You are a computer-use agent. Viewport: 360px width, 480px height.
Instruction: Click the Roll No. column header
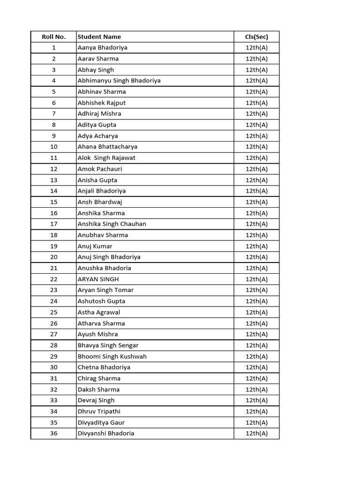(53, 37)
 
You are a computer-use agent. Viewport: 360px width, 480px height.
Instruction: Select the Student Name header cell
(99, 37)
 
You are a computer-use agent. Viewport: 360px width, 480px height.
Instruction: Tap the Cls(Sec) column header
(256, 37)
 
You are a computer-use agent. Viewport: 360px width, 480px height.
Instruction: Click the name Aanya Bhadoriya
(103, 47)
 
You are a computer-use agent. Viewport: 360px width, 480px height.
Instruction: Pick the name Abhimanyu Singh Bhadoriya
(119, 81)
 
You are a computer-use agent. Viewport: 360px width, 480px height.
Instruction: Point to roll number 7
(54, 113)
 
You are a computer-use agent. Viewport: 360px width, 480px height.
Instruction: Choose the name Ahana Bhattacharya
(107, 147)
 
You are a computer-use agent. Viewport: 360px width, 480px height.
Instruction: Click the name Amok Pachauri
(100, 169)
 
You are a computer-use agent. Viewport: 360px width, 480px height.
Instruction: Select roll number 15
(54, 202)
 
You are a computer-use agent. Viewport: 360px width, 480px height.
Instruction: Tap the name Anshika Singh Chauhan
(112, 224)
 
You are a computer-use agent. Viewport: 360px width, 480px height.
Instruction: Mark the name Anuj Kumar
(95, 246)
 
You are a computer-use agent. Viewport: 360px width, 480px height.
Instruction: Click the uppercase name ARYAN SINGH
(98, 279)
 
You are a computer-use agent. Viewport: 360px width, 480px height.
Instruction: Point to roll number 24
(54, 301)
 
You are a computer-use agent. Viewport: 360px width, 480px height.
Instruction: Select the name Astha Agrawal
(99, 312)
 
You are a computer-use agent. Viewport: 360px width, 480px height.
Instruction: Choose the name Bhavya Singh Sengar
(108, 345)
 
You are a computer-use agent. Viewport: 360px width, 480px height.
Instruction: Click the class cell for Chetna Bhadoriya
(256, 367)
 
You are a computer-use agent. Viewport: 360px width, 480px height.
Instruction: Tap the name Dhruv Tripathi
(99, 412)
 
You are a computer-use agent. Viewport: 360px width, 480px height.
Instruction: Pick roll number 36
(54, 434)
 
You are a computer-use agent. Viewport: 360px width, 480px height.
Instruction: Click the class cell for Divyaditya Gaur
(256, 422)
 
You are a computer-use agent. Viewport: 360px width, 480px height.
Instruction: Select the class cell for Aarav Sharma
(256, 59)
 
